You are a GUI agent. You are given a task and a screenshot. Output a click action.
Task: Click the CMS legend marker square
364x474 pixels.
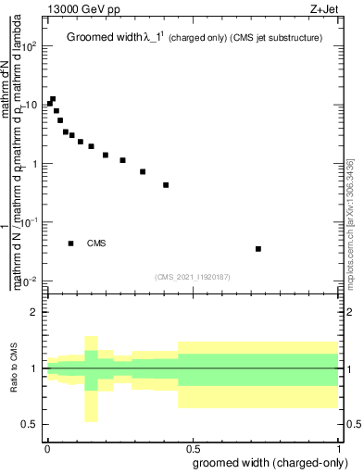click(x=71, y=243)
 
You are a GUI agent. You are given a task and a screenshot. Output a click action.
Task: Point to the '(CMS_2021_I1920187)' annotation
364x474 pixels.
click(x=193, y=276)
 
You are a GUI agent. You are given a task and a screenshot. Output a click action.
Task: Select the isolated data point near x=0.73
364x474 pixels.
click(x=258, y=249)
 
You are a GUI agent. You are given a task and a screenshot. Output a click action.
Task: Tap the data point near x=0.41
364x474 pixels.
click(x=166, y=185)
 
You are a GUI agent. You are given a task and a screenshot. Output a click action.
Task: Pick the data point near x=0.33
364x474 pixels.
click(x=143, y=171)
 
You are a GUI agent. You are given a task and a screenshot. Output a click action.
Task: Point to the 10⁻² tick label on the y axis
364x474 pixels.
click(x=29, y=281)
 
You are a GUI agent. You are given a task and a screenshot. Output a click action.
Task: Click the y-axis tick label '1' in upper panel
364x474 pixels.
click(x=35, y=164)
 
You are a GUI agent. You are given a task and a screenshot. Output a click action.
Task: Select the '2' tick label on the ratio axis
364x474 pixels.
click(x=35, y=312)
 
